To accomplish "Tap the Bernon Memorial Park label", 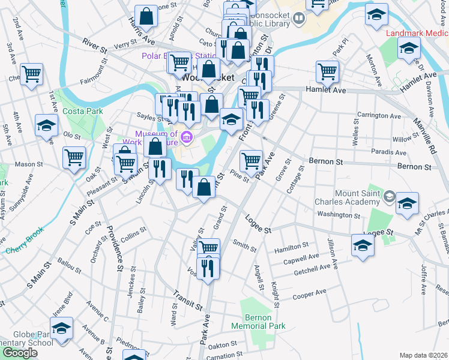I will [264, 322].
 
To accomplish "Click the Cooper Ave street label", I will [309, 295].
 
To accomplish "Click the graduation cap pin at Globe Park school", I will [61, 328].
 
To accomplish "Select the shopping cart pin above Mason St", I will [74, 158].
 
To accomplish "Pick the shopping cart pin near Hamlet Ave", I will [327, 71].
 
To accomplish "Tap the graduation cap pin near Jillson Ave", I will [362, 245].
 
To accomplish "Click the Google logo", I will [19, 352].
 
